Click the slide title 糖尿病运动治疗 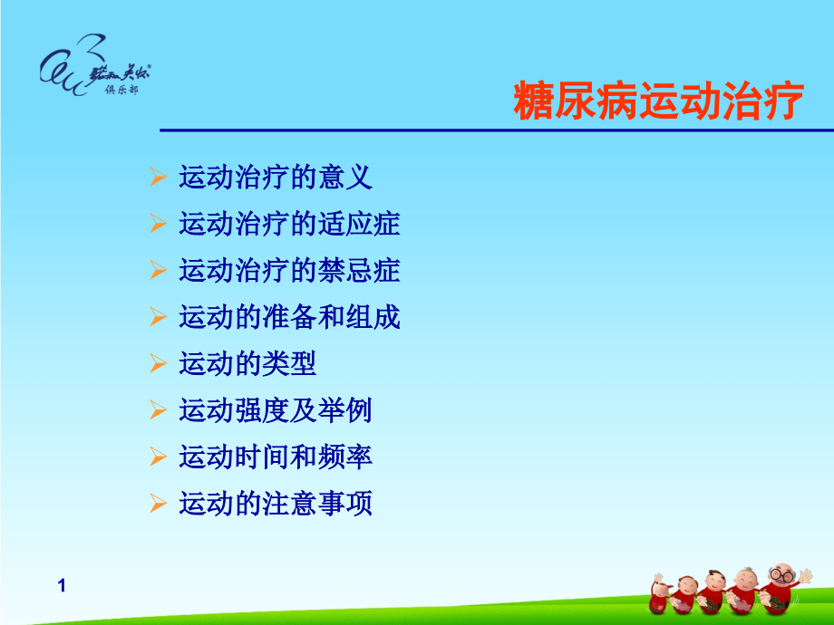click(x=658, y=101)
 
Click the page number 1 click(x=62, y=586)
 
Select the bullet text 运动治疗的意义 click(x=276, y=177)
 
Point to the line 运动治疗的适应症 click(x=289, y=224)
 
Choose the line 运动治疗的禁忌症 click(x=289, y=271)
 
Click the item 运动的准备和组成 click(x=289, y=317)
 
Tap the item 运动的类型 click(x=247, y=364)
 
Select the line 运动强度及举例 click(x=276, y=410)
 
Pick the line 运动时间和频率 click(x=276, y=457)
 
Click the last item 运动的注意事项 click(x=276, y=504)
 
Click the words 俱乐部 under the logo click(x=122, y=89)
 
